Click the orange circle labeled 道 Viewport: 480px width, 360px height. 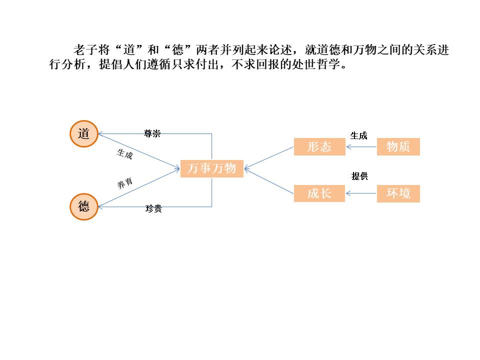coord(83,134)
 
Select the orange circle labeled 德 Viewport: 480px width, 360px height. coord(83,206)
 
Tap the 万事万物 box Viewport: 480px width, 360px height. coord(211,168)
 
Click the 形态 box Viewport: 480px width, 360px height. coord(319,147)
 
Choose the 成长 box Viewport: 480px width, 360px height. coord(319,193)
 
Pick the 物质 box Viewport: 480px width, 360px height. coord(398,147)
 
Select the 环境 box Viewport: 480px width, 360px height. coord(398,193)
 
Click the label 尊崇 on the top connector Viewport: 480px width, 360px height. coord(152,133)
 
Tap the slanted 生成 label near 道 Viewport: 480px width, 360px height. coord(124,154)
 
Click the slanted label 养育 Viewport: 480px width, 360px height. coord(125,183)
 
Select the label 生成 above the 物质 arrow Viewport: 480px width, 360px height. coord(358,135)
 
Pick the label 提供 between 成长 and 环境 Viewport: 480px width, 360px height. coord(359,176)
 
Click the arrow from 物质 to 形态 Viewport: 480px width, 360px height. coord(361,147)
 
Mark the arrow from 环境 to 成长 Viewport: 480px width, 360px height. coord(361,193)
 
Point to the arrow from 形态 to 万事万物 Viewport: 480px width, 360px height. coord(269,157)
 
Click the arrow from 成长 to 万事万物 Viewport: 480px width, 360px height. coord(269,181)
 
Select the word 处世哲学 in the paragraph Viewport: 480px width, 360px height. coord(320,66)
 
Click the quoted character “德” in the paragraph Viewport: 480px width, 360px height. coord(178,51)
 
